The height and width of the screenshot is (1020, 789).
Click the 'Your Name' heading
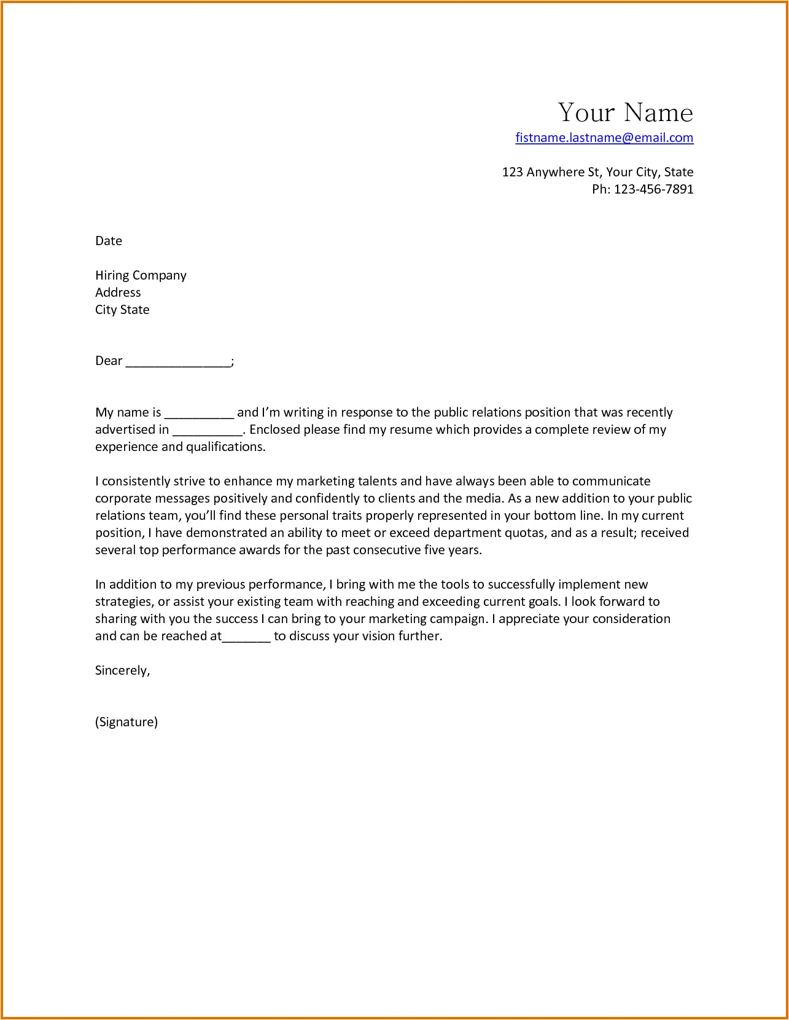pyautogui.click(x=625, y=113)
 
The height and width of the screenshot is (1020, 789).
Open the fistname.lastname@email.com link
pyautogui.click(x=604, y=138)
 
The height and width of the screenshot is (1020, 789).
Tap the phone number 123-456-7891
pyautogui.click(x=653, y=189)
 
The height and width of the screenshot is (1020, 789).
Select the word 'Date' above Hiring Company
pyautogui.click(x=109, y=241)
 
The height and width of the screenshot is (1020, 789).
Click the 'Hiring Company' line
pyautogui.click(x=141, y=275)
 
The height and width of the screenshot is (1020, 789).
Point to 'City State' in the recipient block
pyautogui.click(x=122, y=310)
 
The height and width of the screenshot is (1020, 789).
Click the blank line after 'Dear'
pyautogui.click(x=178, y=363)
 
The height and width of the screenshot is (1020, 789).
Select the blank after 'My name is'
pyautogui.click(x=199, y=414)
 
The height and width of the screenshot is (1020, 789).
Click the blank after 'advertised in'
pyautogui.click(x=208, y=431)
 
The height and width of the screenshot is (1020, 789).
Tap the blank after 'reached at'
pyautogui.click(x=246, y=637)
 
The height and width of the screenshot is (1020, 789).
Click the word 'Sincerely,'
pyautogui.click(x=122, y=670)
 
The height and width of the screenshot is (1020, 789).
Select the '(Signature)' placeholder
pyautogui.click(x=126, y=722)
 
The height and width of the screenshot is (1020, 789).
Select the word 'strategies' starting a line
pyautogui.click(x=123, y=602)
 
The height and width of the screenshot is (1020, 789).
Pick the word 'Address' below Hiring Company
pyautogui.click(x=118, y=292)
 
